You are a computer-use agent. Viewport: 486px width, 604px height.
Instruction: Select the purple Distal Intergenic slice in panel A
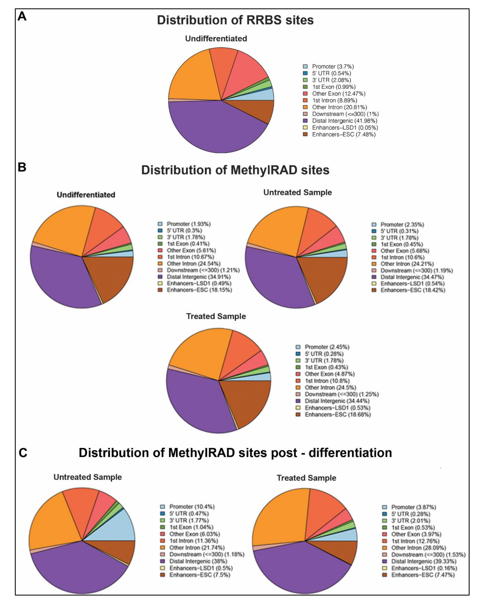pyautogui.click(x=213, y=129)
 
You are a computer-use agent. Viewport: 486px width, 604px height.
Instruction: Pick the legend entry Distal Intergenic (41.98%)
pyautogui.click(x=344, y=121)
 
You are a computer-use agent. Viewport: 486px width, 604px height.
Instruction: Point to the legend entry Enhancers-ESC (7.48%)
pyautogui.click(x=343, y=134)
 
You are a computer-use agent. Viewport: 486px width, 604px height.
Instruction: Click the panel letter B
pyautogui.click(x=22, y=167)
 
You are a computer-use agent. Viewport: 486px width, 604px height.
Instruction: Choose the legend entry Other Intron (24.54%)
pyautogui.click(x=193, y=264)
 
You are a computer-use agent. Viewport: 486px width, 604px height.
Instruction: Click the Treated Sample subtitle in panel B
pyautogui.click(x=216, y=316)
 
